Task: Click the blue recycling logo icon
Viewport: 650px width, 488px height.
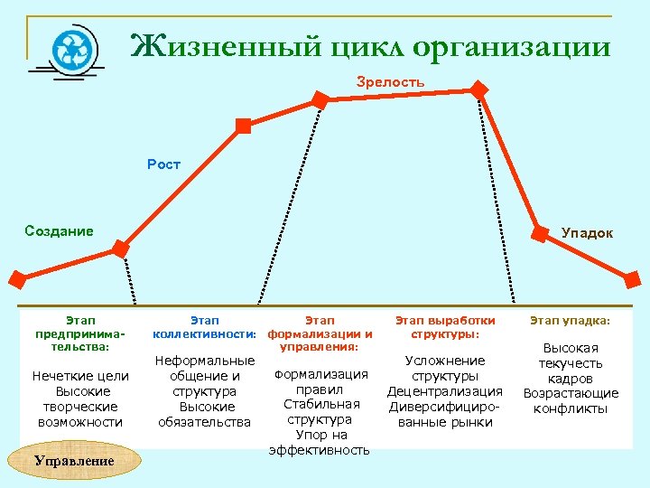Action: [x=68, y=48]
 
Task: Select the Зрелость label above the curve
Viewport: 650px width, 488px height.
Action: [x=390, y=82]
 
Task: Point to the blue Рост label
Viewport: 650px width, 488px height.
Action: [x=163, y=164]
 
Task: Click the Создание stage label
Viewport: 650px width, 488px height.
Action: [x=59, y=230]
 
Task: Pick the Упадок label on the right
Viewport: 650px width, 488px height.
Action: [x=587, y=233]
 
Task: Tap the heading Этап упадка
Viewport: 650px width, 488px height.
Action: [x=570, y=320]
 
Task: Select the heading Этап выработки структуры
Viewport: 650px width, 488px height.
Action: [x=445, y=327]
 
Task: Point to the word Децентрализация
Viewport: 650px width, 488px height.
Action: [x=445, y=391]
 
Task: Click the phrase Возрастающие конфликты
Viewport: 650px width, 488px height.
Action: [x=570, y=400]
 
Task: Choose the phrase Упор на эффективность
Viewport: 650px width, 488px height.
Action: [x=319, y=442]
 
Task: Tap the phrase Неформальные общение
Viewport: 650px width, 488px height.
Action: [x=204, y=369]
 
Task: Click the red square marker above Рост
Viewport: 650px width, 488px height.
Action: [x=242, y=126]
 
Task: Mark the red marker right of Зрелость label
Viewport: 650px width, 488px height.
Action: [x=479, y=90]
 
